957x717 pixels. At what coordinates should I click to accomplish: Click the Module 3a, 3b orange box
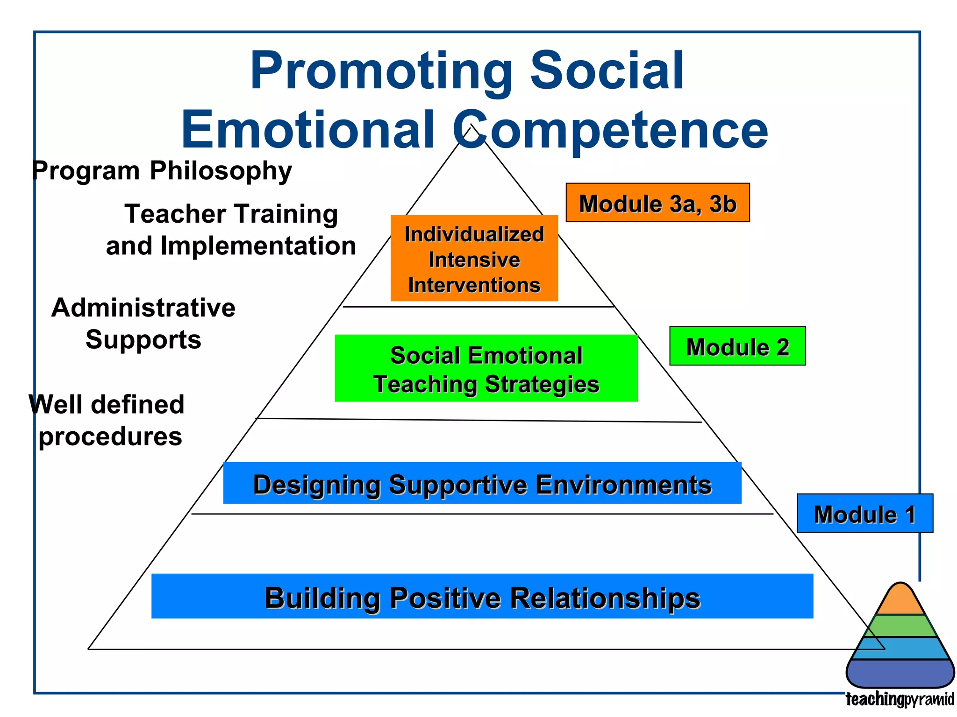pos(657,203)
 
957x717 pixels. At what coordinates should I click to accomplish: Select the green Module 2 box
pos(737,346)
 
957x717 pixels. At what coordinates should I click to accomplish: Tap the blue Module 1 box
pos(864,513)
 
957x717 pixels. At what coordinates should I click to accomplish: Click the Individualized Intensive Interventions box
pos(474,258)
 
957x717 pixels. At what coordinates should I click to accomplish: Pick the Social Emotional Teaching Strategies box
pos(486,368)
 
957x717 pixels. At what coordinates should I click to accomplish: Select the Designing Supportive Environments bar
pos(482,483)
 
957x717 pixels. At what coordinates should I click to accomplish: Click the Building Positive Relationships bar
pos(482,596)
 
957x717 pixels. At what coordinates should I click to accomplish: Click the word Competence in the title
pos(610,130)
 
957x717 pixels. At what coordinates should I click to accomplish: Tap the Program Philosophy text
pos(162,170)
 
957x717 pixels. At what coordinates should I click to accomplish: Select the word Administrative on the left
pos(143,308)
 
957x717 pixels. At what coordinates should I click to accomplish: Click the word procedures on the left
pos(110,436)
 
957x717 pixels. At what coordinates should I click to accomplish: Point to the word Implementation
pos(258,246)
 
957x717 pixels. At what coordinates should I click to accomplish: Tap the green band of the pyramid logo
pos(900,626)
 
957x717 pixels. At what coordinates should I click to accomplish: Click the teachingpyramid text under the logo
pos(900,699)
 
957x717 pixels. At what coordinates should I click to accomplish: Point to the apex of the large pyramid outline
pos(472,125)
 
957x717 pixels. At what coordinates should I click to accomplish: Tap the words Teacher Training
pos(231,214)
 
